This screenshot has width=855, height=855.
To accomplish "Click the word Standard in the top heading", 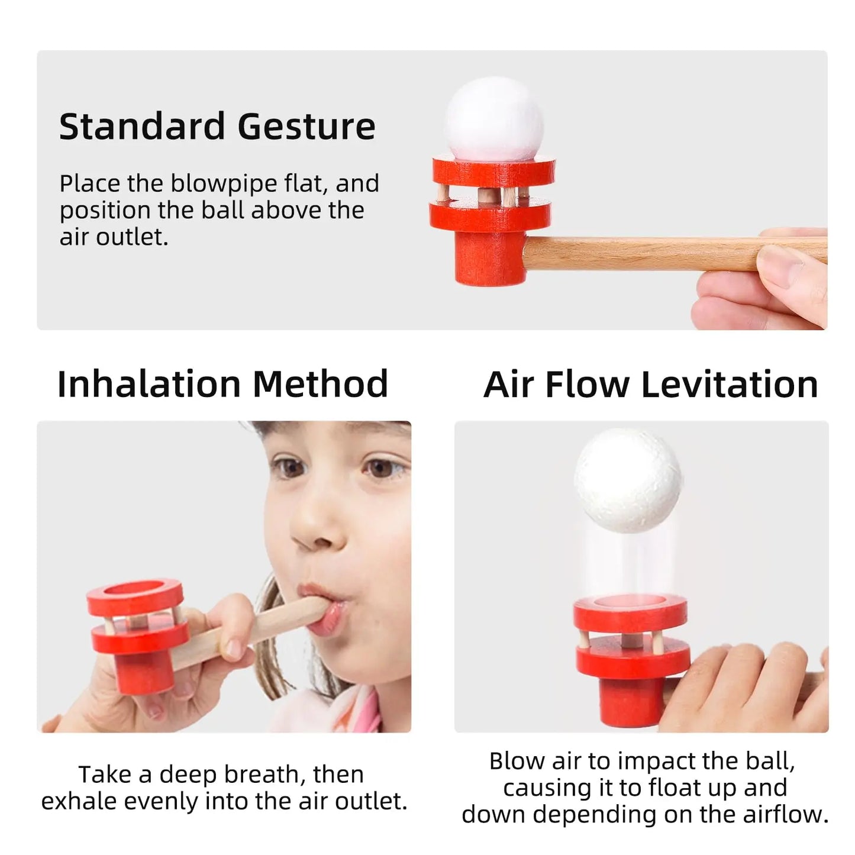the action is point(142,127).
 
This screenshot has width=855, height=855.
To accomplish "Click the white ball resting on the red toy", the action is point(494,119).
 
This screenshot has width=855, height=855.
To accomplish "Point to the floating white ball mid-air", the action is point(628,480).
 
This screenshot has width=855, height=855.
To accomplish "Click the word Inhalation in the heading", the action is point(149,384).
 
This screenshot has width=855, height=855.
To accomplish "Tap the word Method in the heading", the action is point(320,384).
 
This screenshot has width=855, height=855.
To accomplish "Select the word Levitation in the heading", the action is point(730,384).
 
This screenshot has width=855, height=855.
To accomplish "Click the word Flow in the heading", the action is point(588,384).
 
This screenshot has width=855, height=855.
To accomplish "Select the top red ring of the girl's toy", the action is point(135,597).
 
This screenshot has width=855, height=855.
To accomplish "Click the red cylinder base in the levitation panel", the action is point(631,702).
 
